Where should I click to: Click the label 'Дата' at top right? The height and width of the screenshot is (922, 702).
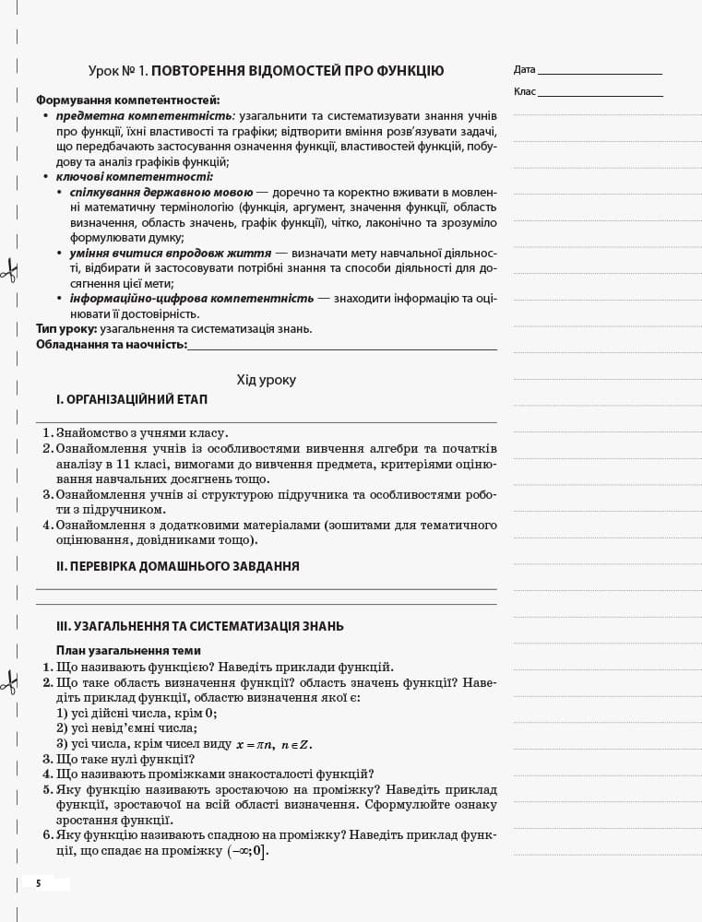coord(524,70)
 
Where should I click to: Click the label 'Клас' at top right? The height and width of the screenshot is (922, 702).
coord(524,91)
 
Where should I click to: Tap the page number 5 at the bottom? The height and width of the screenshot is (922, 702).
coord(39,883)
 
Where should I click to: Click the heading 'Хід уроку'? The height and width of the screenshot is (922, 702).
coord(266,379)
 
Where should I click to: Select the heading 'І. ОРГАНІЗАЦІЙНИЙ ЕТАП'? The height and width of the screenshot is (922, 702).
coord(131,400)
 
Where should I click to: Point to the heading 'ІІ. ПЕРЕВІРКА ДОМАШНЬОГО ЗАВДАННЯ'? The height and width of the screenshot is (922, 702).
coord(177,566)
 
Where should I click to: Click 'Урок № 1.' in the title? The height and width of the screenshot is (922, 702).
coord(118,71)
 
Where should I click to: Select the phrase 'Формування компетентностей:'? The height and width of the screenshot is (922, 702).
coord(127,100)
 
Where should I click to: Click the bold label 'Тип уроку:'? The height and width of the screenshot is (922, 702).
coord(66,329)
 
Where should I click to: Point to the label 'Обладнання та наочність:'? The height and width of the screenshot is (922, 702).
coord(111,345)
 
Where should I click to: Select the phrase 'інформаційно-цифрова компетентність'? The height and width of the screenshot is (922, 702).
coord(192,299)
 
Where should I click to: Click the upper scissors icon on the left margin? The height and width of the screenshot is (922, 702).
coord(9,270)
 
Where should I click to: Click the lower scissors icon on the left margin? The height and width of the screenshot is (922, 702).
coord(9,682)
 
